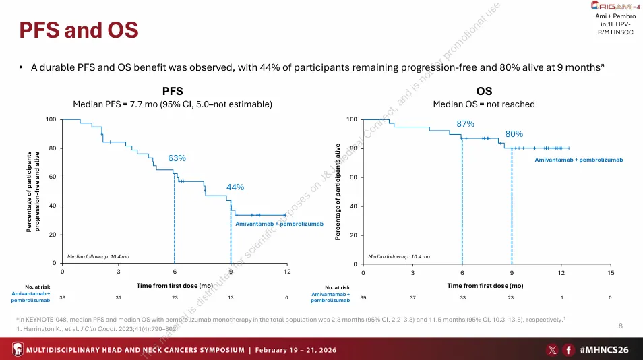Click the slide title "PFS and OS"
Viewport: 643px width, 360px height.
78,30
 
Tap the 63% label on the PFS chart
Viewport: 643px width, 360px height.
177,158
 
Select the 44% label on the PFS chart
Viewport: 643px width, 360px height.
235,187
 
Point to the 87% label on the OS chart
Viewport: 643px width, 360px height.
466,124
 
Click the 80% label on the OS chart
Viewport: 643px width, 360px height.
514,134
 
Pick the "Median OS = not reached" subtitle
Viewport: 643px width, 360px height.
483,104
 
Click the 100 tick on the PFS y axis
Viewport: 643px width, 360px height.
51,120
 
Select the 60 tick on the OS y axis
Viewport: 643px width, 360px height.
351,177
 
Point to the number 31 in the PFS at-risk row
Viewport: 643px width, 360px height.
119,297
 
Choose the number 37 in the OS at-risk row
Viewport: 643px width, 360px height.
412,297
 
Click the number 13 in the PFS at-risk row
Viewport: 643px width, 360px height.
231,297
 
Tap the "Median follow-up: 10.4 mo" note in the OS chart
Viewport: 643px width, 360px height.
399,256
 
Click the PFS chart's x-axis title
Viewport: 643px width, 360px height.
175,285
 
